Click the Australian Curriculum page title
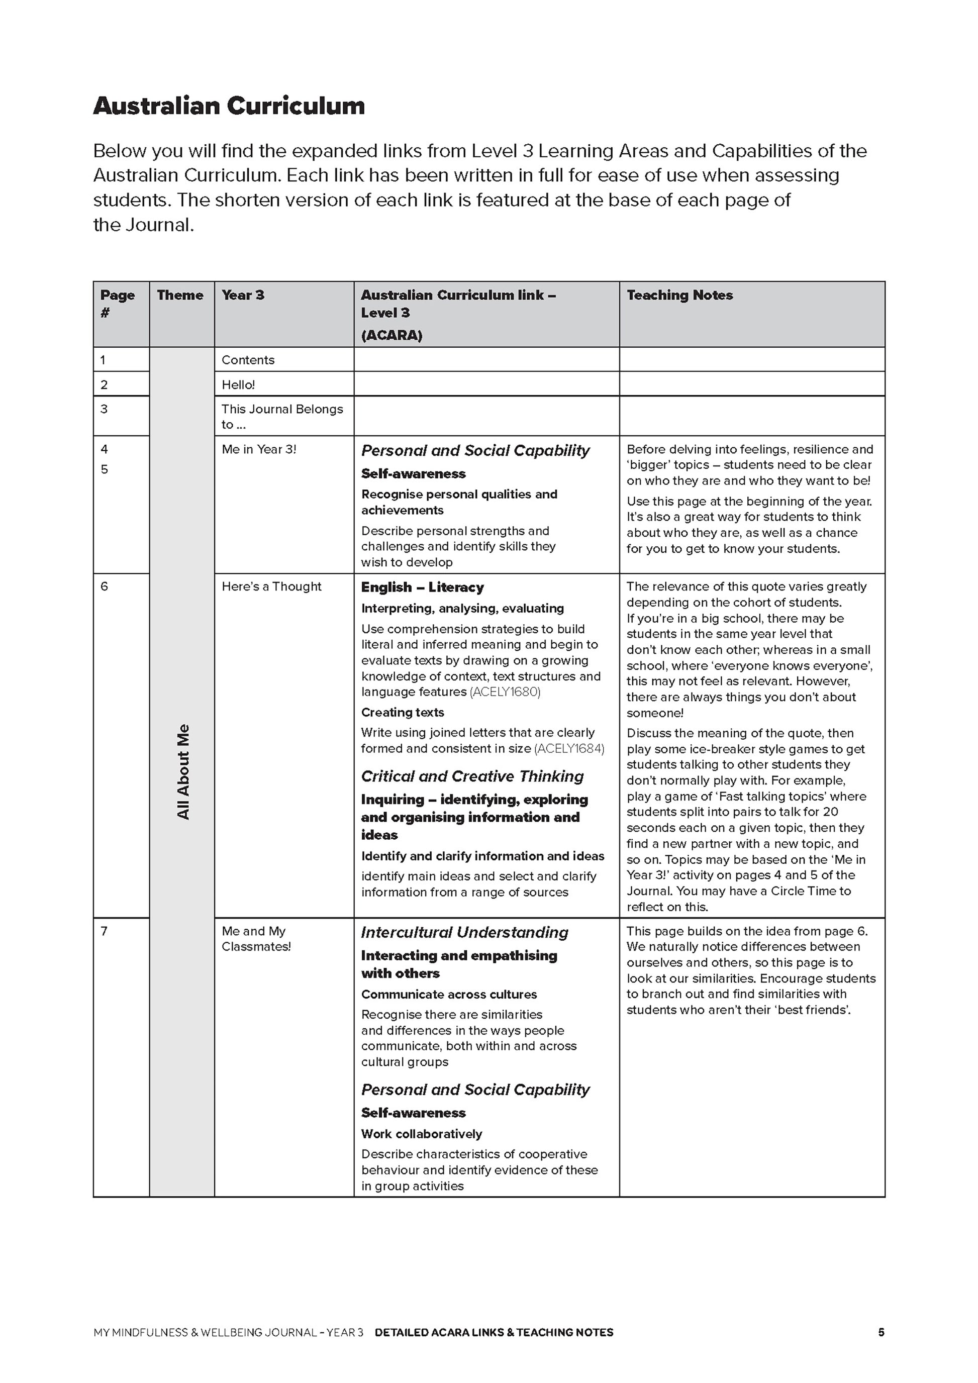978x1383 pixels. pyautogui.click(x=229, y=107)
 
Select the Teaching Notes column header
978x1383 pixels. pyautogui.click(x=679, y=295)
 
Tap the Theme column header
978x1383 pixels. pyautogui.click(x=180, y=295)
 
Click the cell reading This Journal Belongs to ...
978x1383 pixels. pyautogui.click(x=282, y=416)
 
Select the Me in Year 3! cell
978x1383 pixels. pyautogui.click(x=259, y=449)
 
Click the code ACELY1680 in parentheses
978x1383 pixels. pyautogui.click(x=505, y=692)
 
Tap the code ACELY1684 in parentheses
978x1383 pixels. pyautogui.click(x=569, y=749)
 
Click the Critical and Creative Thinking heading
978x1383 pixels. pyautogui.click(x=472, y=776)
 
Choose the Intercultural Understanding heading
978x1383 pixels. pyautogui.click(x=464, y=932)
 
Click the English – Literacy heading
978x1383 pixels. pyautogui.click(x=422, y=587)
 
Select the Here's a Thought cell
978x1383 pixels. pyautogui.click(x=271, y=586)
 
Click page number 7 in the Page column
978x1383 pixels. pyautogui.click(x=104, y=931)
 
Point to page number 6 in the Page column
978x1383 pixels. pyautogui.click(x=104, y=586)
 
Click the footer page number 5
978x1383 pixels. pyautogui.click(x=881, y=1332)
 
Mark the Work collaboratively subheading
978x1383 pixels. pyautogui.click(x=422, y=1134)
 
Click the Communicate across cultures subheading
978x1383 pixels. pyautogui.click(x=449, y=995)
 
